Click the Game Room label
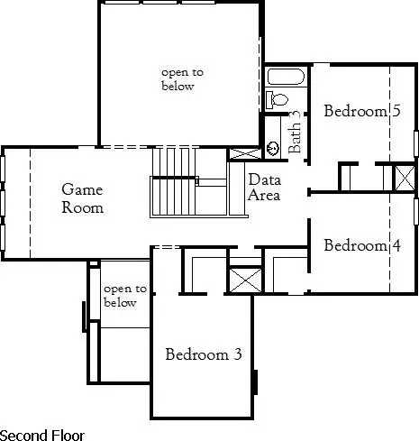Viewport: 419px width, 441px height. point(82,198)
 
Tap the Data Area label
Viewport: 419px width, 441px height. point(265,188)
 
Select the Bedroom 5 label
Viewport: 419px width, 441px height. point(362,112)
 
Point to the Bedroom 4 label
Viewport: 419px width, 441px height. point(362,245)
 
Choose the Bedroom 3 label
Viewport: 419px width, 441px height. point(204,354)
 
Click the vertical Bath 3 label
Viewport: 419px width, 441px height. point(295,133)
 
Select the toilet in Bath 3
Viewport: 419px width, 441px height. point(278,98)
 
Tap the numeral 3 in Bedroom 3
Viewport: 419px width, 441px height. point(238,354)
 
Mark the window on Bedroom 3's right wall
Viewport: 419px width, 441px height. point(257,382)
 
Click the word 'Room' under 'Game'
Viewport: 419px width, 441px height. point(82,207)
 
